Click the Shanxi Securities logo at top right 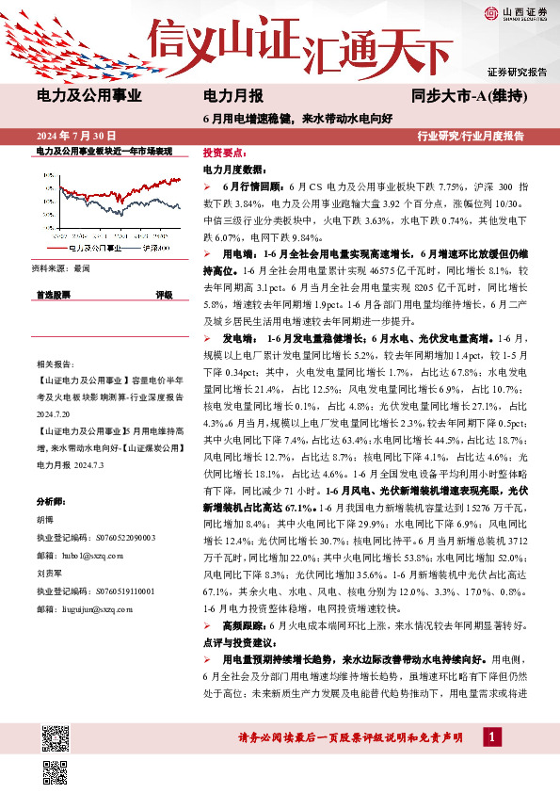pos(516,13)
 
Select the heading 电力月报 pos(233,96)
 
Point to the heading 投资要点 pos(225,153)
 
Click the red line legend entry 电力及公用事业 pos(95,249)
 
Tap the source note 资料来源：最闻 pos(61,268)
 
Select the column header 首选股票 pos(53,295)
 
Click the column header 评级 pos(164,295)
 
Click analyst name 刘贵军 pos(50,572)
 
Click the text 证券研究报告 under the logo pos(517,73)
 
